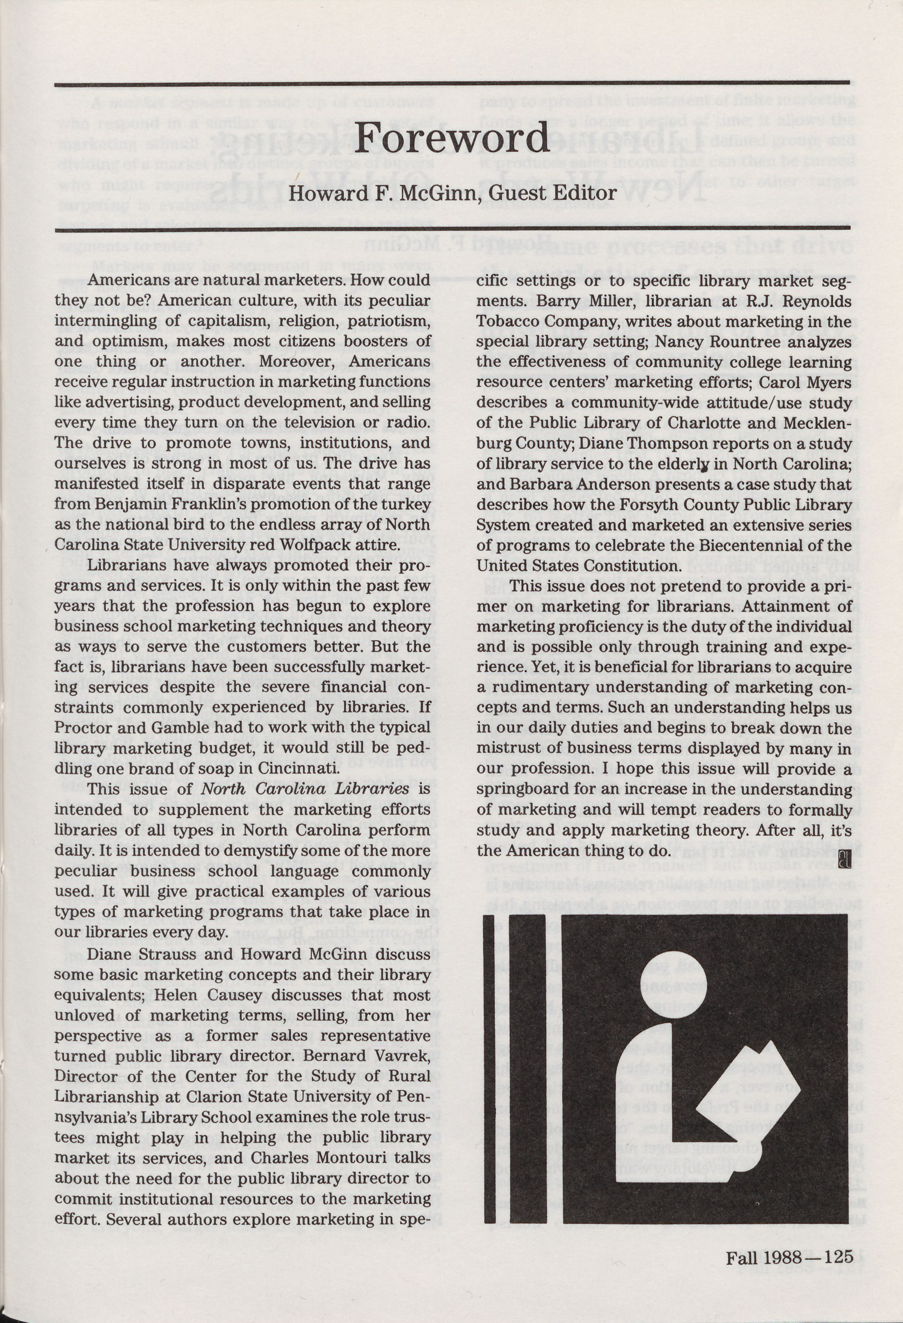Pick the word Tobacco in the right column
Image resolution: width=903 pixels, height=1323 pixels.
(508, 322)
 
